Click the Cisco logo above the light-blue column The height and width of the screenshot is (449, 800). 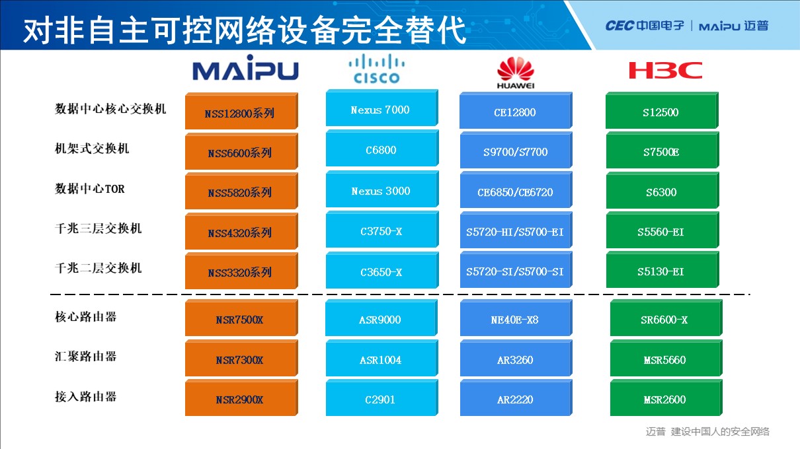click(376, 69)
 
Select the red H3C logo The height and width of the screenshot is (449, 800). click(665, 70)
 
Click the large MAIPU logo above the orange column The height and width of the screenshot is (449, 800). click(245, 67)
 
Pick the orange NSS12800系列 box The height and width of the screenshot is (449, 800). click(241, 111)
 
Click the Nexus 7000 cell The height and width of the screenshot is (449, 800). click(381, 108)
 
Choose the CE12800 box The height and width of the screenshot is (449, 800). click(516, 110)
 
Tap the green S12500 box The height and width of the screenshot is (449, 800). click(662, 110)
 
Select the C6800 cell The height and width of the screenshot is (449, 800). click(382, 148)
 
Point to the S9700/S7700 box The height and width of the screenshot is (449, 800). click(516, 150)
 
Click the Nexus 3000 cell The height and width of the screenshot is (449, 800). click(382, 189)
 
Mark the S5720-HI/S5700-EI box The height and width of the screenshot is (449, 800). click(516, 230)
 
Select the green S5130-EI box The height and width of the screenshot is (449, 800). click(662, 269)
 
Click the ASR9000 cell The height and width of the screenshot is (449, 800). click(381, 318)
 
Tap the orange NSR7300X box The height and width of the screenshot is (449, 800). click(241, 358)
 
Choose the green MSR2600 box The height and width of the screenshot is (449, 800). click(666, 397)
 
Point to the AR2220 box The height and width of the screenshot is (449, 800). click(516, 397)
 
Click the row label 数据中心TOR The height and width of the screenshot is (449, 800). click(90, 188)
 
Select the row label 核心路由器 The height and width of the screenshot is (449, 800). click(86, 317)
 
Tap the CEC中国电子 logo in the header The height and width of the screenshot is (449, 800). click(645, 26)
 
